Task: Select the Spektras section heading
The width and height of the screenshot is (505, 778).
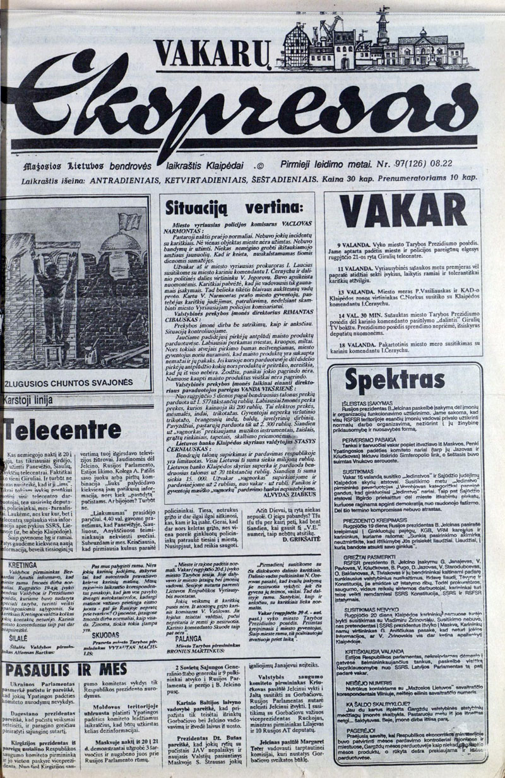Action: [386, 380]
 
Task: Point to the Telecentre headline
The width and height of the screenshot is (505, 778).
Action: [62, 430]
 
